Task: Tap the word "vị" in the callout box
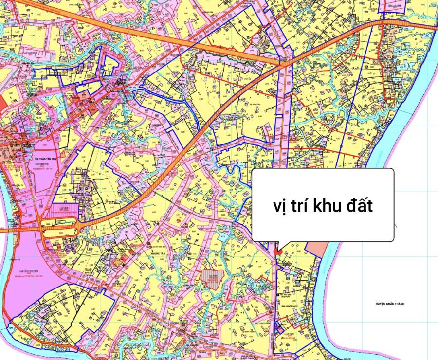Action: pos(280,206)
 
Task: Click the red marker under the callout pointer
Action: pos(276,252)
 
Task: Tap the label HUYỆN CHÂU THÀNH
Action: pos(390,304)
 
